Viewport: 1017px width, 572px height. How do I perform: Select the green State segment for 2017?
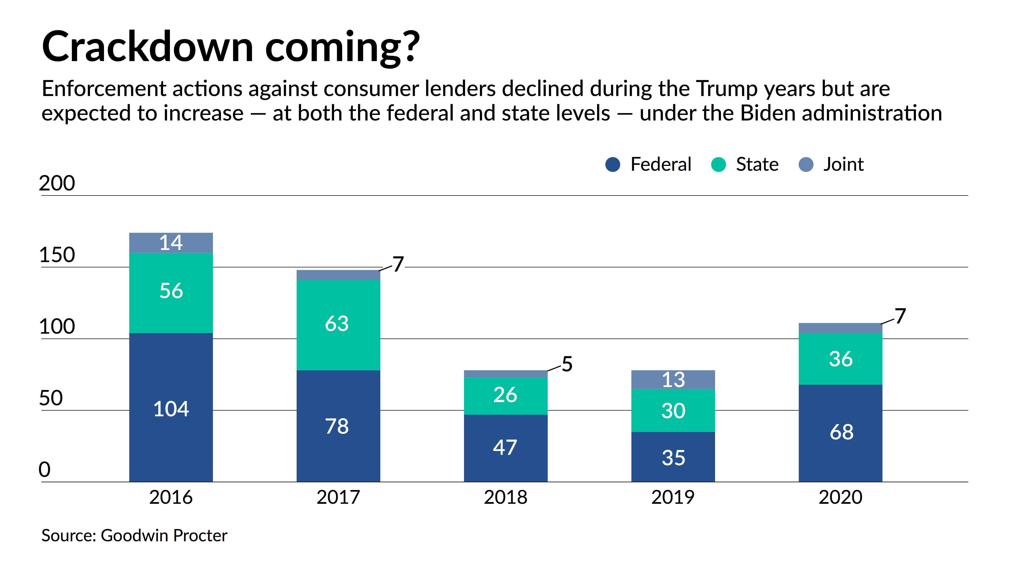338,325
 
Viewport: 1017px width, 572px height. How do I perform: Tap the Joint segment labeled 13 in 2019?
673,380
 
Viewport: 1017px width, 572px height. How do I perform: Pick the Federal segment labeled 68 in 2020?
841,433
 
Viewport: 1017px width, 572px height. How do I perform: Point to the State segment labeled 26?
506,396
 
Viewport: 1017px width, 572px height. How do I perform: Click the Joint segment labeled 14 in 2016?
171,243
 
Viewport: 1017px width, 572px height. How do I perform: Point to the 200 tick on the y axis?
57,183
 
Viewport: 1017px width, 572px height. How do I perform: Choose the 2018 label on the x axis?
506,497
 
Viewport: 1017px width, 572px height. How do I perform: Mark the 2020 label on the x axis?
841,497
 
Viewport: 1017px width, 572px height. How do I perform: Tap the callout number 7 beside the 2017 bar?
398,264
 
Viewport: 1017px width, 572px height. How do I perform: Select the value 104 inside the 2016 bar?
171,409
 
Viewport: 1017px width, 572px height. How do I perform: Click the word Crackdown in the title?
147,47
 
